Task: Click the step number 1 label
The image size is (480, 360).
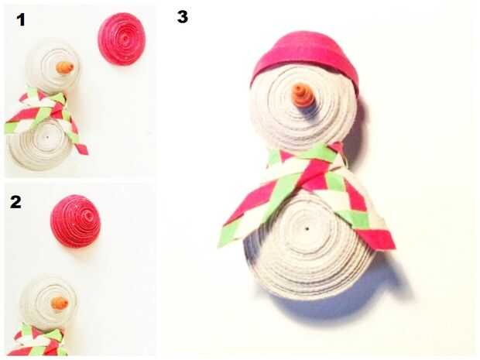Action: pyautogui.click(x=20, y=20)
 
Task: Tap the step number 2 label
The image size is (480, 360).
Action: pyautogui.click(x=16, y=202)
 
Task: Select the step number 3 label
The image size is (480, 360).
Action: pyautogui.click(x=183, y=17)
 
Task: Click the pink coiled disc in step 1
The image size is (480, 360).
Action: pyautogui.click(x=122, y=39)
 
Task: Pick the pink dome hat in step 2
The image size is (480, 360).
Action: pyautogui.click(x=76, y=221)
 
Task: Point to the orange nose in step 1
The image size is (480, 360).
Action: pyautogui.click(x=64, y=67)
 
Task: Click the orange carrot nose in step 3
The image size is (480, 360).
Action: pyautogui.click(x=301, y=95)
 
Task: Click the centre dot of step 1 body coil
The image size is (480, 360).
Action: pyautogui.click(x=47, y=138)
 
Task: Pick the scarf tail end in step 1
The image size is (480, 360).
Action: pyautogui.click(x=81, y=146)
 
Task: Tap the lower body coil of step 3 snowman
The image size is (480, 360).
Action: pyautogui.click(x=309, y=245)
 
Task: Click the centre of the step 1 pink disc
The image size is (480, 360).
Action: pyautogui.click(x=125, y=39)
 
